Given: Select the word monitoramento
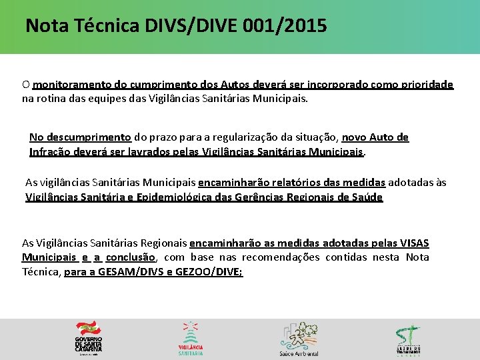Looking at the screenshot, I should tap(67, 85).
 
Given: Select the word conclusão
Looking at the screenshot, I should tap(131, 257).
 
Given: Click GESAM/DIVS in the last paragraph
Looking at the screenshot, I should tap(120, 271).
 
